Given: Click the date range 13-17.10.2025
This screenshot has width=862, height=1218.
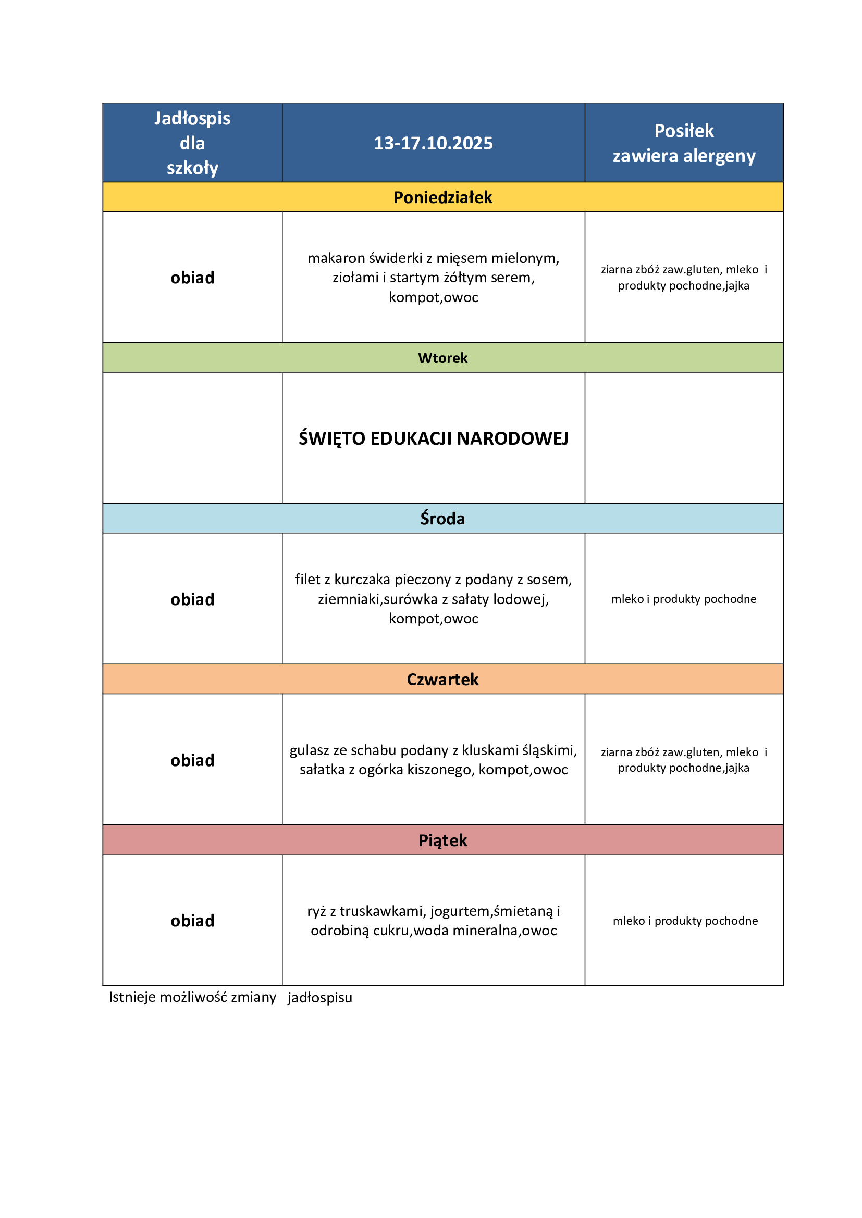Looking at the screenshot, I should pos(433,143).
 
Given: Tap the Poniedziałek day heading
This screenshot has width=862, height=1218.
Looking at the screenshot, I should pos(442,197).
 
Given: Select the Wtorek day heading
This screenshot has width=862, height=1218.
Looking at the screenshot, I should pos(442,358).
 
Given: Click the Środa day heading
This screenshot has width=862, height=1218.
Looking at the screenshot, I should pos(442,518).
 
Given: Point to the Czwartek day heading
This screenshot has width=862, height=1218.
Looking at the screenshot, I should pos(442,680).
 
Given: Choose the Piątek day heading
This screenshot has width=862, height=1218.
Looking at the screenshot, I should pos(442,840).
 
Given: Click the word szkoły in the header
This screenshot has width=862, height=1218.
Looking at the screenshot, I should pos(192,168).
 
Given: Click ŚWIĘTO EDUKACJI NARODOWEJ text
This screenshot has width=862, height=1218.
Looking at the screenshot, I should pos(433,438).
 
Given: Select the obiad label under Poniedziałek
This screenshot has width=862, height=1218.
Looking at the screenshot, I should pos(192,278).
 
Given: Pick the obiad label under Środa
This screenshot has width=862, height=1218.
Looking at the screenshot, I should pos(192,599).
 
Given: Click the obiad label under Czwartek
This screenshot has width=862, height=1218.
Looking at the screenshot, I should pos(192,760).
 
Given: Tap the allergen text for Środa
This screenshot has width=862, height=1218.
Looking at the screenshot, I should pos(684,599).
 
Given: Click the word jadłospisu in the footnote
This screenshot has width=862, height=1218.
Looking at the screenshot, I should pos(319,998).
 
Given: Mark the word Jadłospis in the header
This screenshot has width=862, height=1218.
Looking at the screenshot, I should pos(192,118).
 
